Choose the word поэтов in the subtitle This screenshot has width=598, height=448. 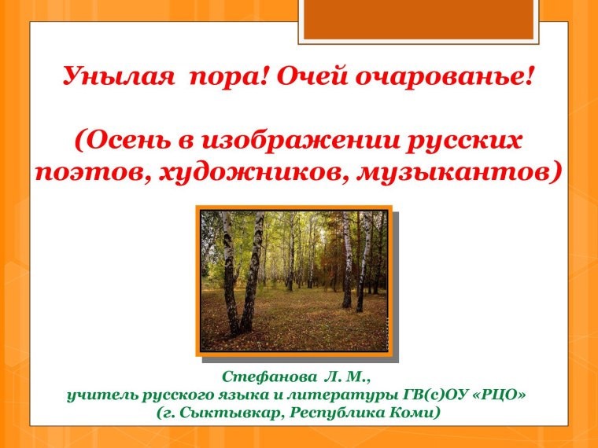point(93,172)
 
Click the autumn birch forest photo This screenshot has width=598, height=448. point(293,281)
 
